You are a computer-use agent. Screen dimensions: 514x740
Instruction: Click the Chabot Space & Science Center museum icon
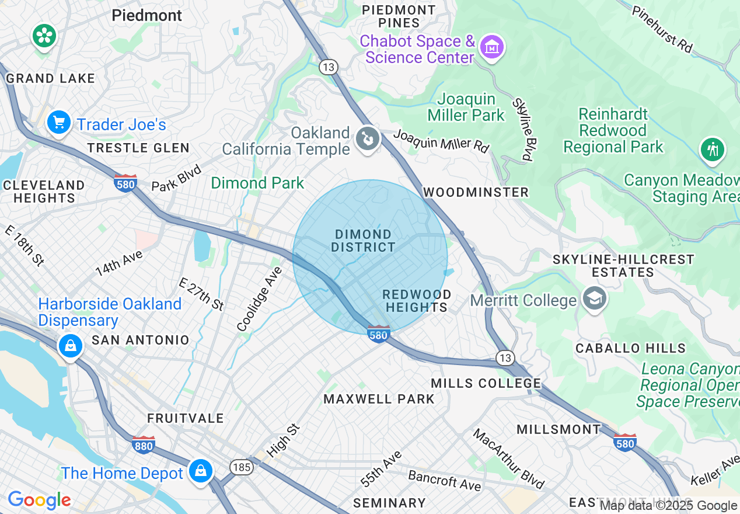(491, 46)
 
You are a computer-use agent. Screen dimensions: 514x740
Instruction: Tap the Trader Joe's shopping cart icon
(58, 123)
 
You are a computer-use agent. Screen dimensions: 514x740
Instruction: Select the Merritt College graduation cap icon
(594, 299)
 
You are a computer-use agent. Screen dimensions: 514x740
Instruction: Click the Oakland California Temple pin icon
(367, 139)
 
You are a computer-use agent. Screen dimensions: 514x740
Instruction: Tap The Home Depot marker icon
(200, 470)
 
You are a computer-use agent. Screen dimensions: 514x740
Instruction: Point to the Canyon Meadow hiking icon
(712, 150)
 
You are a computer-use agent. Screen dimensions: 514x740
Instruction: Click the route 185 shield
(241, 467)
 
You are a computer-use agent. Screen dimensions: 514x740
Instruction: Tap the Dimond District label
(363, 241)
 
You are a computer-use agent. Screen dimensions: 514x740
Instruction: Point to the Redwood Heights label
(417, 301)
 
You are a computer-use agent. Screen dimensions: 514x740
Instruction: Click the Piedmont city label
(146, 15)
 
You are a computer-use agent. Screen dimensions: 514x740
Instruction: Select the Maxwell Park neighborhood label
(379, 400)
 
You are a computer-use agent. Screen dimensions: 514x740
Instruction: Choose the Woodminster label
(476, 192)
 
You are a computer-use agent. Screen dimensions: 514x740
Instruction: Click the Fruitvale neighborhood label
(185, 418)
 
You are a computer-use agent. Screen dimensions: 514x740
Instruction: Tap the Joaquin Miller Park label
(466, 107)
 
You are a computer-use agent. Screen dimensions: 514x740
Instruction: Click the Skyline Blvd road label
(522, 129)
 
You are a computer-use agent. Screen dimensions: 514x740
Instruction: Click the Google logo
(39, 500)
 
